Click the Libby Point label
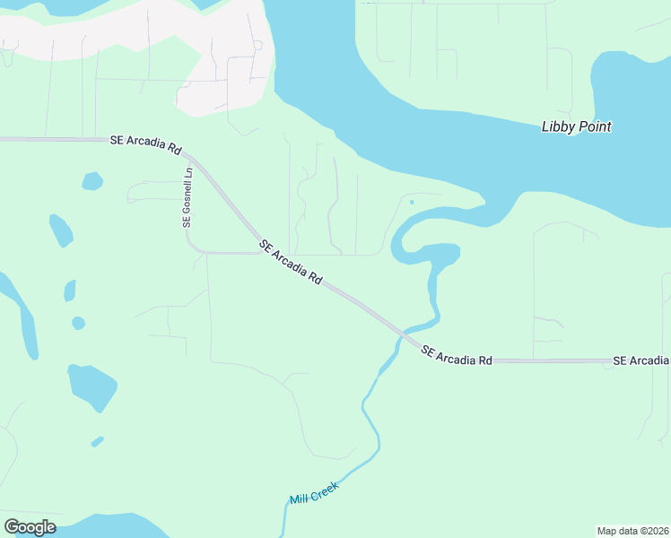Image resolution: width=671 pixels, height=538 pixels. pos(576,126)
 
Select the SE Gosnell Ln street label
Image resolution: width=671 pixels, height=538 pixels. pos(188,198)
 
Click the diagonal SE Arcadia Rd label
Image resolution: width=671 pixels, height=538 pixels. pos(291,262)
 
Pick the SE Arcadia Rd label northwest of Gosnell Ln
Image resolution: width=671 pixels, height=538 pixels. pos(145,141)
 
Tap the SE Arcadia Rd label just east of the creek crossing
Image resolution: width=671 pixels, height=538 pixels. pos(457,354)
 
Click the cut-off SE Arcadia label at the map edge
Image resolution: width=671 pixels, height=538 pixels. pos(640,360)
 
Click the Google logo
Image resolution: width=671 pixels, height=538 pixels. pos(30,527)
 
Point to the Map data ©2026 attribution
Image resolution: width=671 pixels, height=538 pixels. pos(633,530)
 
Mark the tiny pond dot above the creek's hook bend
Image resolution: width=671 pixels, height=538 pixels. pos(411,202)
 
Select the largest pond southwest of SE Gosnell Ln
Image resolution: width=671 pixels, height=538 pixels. pos(92,386)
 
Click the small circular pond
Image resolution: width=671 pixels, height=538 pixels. pos(78,323)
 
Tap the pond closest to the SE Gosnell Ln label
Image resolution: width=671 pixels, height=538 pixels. pos(92,181)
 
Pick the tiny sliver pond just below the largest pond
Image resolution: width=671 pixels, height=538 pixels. pos(97,441)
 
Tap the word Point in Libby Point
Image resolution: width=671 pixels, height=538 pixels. pos(594,126)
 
